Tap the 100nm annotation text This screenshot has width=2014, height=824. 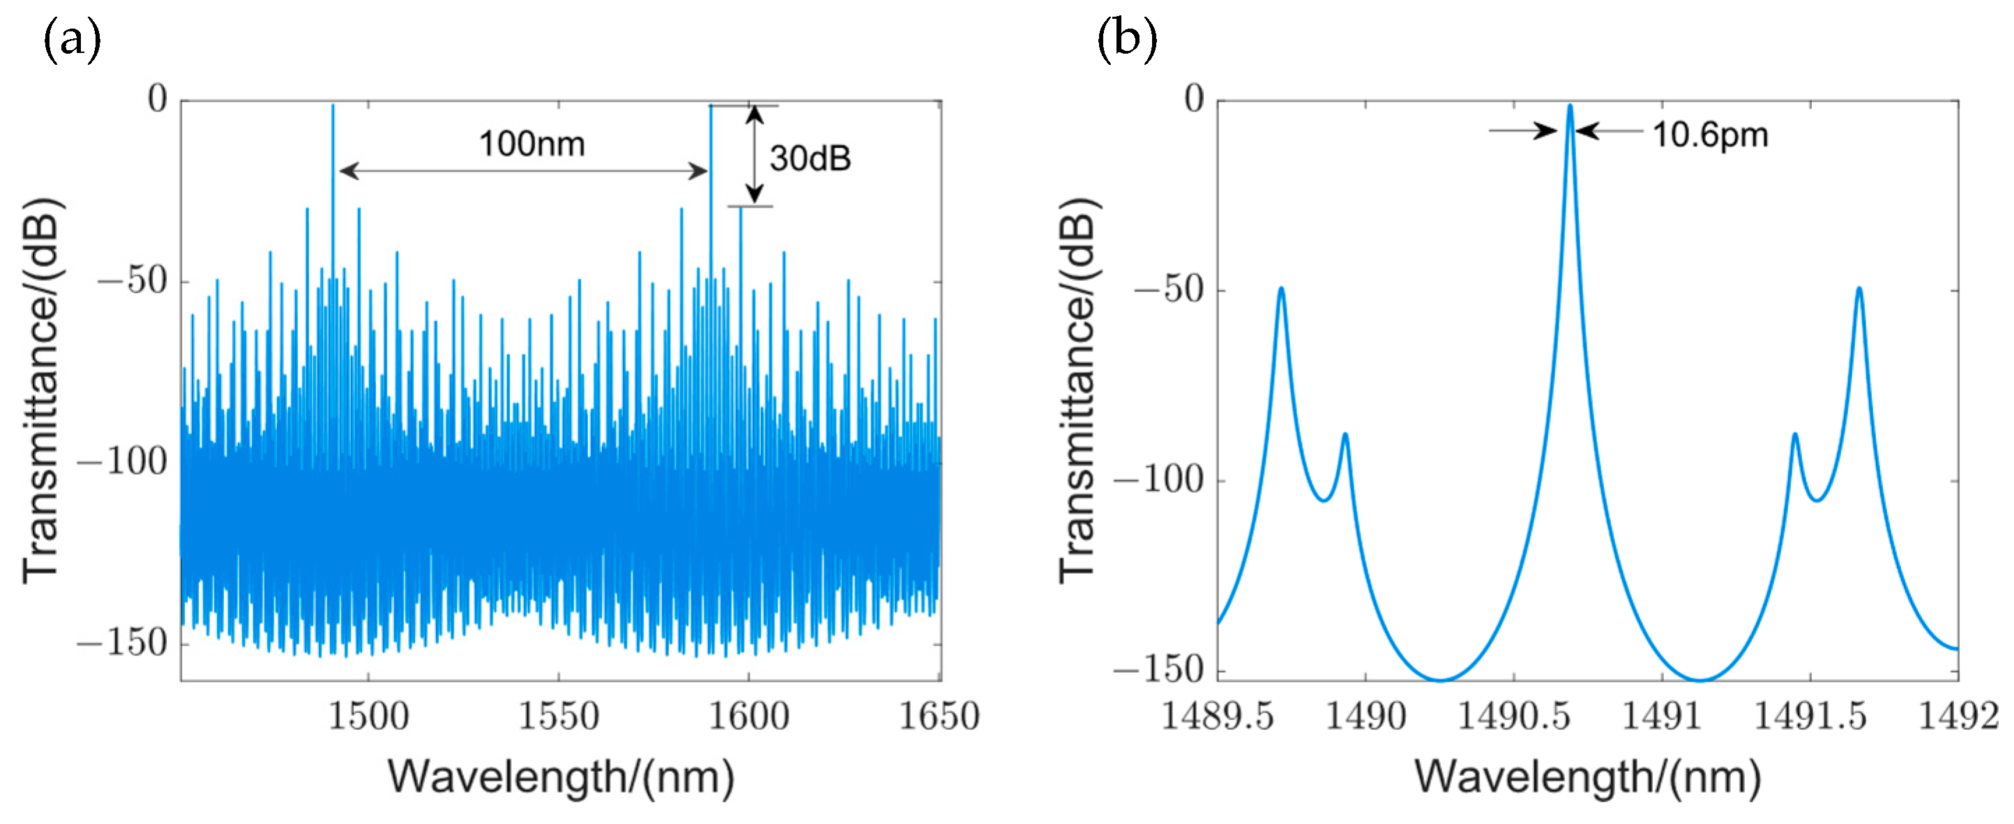pyautogui.click(x=531, y=144)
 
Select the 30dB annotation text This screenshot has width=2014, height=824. pyautogui.click(x=810, y=159)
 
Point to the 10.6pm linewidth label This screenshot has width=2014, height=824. pyautogui.click(x=1710, y=135)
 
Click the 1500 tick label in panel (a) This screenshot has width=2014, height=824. pyautogui.click(x=368, y=716)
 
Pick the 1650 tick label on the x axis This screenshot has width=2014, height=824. pyautogui.click(x=938, y=716)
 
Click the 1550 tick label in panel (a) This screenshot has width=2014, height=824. pyautogui.click(x=558, y=716)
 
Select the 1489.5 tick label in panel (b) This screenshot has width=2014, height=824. pyautogui.click(x=1218, y=716)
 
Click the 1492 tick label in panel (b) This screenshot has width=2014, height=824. pyautogui.click(x=1958, y=716)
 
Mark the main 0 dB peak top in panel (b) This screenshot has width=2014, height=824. pyautogui.click(x=1569, y=107)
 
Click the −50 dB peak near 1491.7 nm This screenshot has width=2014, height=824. pyautogui.click(x=1859, y=289)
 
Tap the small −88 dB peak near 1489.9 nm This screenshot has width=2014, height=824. pyautogui.click(x=1345, y=435)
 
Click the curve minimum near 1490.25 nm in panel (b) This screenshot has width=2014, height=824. pyautogui.click(x=1440, y=680)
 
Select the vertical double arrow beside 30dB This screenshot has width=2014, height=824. pyautogui.click(x=754, y=155)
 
